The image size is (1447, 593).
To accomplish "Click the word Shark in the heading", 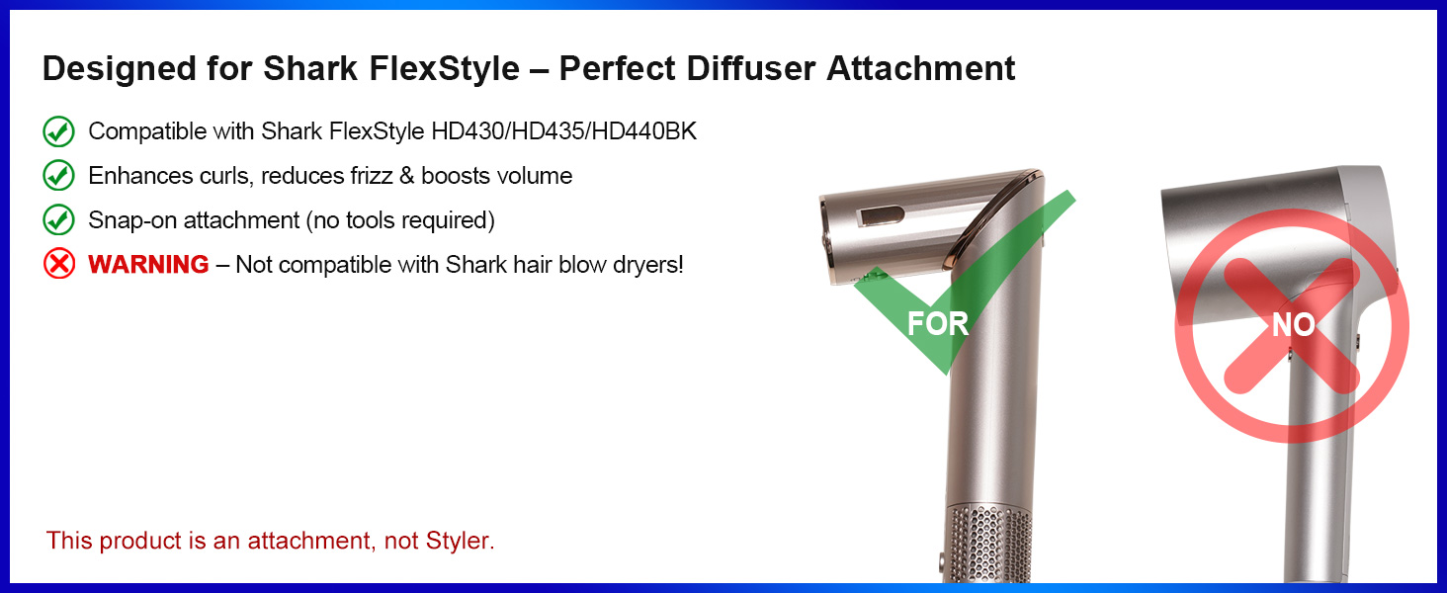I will click(306, 68).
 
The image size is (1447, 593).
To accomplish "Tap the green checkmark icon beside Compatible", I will click(59, 131).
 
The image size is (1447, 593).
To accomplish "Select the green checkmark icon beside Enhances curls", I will click(59, 176).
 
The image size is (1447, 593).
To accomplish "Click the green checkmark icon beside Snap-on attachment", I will click(59, 219).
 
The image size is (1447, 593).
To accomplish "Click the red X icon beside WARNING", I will click(59, 264).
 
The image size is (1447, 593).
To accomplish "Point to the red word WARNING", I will click(148, 265).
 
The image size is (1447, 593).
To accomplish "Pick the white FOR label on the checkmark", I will click(937, 323).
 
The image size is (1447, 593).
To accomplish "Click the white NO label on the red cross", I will click(1293, 325).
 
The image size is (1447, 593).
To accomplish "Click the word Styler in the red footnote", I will click(460, 541).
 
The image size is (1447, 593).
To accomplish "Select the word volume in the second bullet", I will click(535, 176).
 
